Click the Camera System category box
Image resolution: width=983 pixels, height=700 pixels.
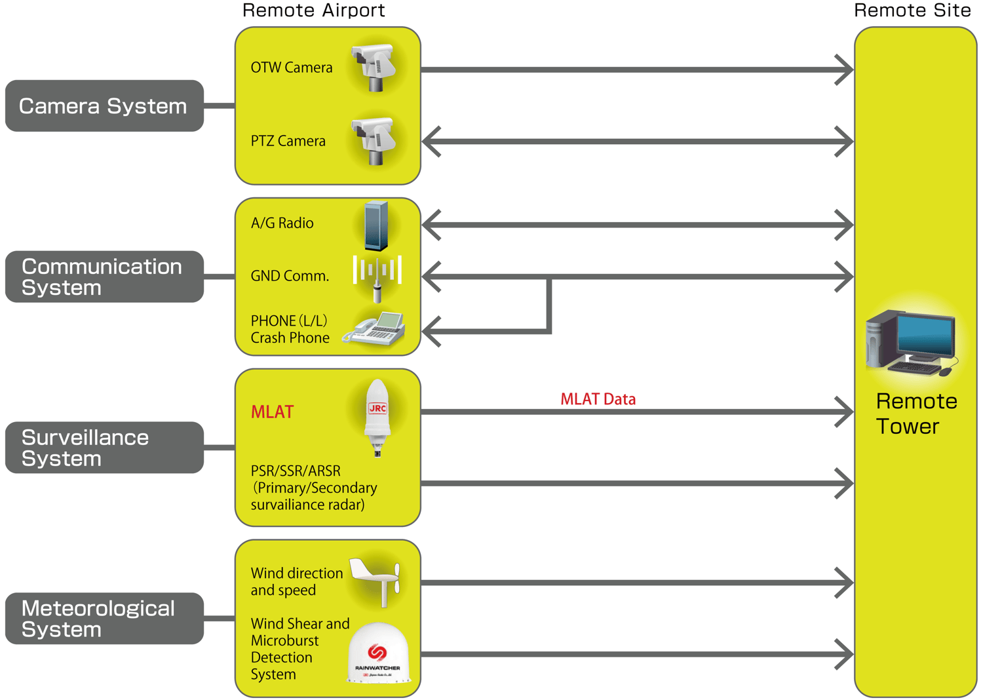[104, 106]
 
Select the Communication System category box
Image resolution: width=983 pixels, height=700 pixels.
[104, 277]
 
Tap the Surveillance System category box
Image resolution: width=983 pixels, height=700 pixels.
[104, 448]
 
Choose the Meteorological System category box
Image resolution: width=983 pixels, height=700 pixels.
[104, 619]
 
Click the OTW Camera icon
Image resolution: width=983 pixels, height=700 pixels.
[374, 67]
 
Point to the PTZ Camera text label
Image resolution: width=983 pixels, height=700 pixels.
[288, 141]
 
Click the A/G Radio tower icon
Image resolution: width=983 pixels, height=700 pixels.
[376, 226]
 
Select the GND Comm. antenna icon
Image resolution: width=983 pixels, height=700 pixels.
[377, 277]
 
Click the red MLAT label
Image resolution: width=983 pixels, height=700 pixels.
[272, 412]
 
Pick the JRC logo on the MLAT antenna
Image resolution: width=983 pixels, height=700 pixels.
[377, 408]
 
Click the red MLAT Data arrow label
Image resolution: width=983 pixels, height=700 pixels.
[598, 399]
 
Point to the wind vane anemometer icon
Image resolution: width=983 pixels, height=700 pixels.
[376, 579]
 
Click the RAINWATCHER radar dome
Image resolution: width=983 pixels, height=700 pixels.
[378, 653]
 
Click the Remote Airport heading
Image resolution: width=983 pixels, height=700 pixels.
[313, 10]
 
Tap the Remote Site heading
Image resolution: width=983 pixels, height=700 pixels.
[912, 10]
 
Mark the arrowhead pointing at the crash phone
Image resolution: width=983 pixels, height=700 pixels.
[431, 331]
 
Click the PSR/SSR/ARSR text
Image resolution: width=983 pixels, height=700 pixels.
[296, 471]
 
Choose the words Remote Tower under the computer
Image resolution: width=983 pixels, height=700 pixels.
[916, 414]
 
